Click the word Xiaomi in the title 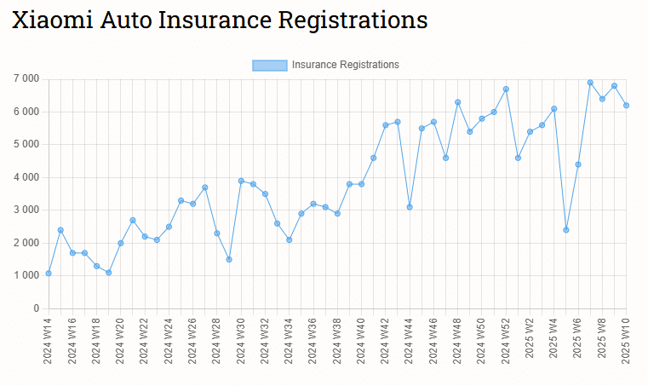[51, 20]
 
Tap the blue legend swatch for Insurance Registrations [269, 65]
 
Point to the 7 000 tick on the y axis [26, 78]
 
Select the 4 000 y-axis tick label [26, 177]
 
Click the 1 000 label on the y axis [26, 275]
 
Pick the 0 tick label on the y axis [37, 308]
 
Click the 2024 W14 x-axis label [49, 341]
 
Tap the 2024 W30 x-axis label [241, 341]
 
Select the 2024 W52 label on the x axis [506, 341]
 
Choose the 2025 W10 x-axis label [626, 341]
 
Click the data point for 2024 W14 [49, 273]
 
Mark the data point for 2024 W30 [241, 181]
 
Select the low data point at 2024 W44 [410, 207]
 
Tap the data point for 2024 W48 [457, 102]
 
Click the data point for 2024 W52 [506, 89]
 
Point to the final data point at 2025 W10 [626, 105]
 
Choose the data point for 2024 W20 [121, 243]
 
